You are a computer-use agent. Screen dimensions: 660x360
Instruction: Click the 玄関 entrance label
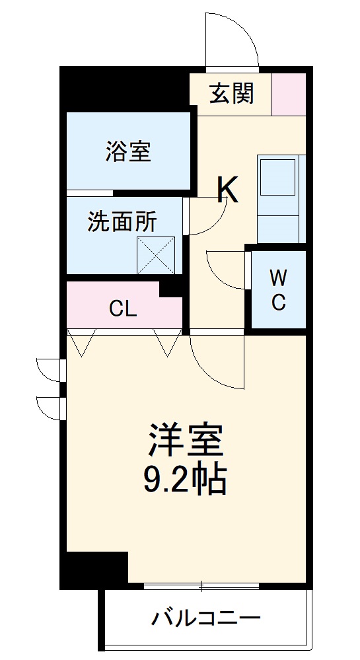pyautogui.click(x=231, y=94)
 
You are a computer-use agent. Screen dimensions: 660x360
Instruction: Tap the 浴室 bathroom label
pyautogui.click(x=127, y=151)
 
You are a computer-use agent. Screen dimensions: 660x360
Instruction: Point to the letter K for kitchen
pyautogui.click(x=228, y=190)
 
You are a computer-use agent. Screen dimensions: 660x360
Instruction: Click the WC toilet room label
pyautogui.click(x=278, y=289)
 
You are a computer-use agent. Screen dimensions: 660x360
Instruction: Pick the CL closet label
pyautogui.click(x=123, y=308)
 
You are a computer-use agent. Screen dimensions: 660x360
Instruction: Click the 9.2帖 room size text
pyautogui.click(x=186, y=481)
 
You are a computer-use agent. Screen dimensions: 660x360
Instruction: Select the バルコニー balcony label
pyautogui.click(x=206, y=619)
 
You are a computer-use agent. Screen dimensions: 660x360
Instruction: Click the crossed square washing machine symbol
pyautogui.click(x=156, y=255)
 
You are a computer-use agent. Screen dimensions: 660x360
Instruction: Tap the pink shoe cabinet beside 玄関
pyautogui.click(x=289, y=94)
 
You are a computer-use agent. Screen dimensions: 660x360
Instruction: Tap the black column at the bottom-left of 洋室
pyautogui.click(x=96, y=568)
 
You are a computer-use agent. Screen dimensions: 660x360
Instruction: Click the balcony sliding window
pyautogui.click(x=201, y=585)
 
